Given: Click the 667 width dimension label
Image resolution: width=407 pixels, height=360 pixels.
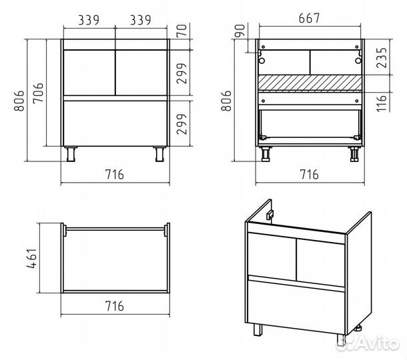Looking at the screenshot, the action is pos(309,18).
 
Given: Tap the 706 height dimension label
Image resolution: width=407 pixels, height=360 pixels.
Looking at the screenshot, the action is pos(39,93).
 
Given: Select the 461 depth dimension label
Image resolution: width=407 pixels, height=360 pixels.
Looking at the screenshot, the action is pos(32,258).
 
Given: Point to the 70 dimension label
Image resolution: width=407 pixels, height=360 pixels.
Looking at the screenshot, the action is pos(182,31).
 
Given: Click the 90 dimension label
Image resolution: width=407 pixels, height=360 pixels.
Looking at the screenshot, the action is pos(240,31).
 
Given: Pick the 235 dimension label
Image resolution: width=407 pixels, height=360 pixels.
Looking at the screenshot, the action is pos(382,57).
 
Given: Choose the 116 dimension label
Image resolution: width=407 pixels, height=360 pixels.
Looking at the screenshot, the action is pos(382,103).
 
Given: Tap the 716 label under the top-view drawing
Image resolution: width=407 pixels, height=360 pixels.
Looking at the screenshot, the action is pos(115,306).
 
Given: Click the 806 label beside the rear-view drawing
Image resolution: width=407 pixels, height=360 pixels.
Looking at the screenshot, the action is pos(226,101).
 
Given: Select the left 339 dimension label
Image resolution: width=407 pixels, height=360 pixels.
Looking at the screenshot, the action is pos(89,20).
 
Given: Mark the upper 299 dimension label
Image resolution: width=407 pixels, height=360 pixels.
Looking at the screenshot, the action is pos(182,73).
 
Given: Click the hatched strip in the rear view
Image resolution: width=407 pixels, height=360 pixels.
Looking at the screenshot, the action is pos(310,83).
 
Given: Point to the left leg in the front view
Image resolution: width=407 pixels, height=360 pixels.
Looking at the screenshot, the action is pos(71,154).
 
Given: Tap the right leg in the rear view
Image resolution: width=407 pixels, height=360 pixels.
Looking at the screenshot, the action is pos(354,154).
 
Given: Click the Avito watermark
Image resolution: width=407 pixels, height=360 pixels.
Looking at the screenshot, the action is pos(367,343).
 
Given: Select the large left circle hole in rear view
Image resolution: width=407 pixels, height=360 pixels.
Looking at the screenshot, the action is pos(262,61).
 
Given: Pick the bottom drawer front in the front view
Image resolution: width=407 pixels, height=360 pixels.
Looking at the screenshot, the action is pos(115,123).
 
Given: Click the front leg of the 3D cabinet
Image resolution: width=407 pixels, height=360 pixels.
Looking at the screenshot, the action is pos(258,329).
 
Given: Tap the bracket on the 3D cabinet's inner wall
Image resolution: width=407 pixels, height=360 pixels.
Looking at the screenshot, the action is pos(270,215).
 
